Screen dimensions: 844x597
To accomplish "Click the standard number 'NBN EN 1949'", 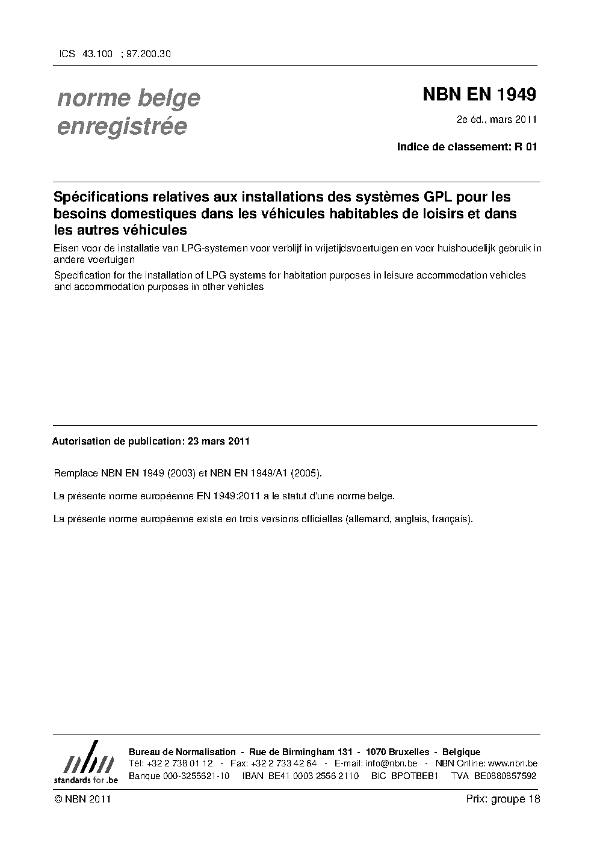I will (x=479, y=94).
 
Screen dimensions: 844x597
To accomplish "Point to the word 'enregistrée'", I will (x=122, y=126).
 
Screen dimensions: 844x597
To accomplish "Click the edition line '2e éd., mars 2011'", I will (x=496, y=119).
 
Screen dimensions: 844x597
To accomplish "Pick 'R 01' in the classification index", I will (x=525, y=146).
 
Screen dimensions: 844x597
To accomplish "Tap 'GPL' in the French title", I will (x=428, y=197).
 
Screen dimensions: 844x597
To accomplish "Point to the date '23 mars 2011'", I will (x=218, y=441).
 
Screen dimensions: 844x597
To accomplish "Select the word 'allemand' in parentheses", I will (x=367, y=519).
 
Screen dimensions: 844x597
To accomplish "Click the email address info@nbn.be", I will (x=391, y=763).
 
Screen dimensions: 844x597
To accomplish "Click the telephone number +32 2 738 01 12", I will (x=179, y=763).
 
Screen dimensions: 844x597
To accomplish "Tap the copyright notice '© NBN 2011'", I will (x=82, y=799).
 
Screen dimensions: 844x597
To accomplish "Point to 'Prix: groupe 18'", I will (x=503, y=799).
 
